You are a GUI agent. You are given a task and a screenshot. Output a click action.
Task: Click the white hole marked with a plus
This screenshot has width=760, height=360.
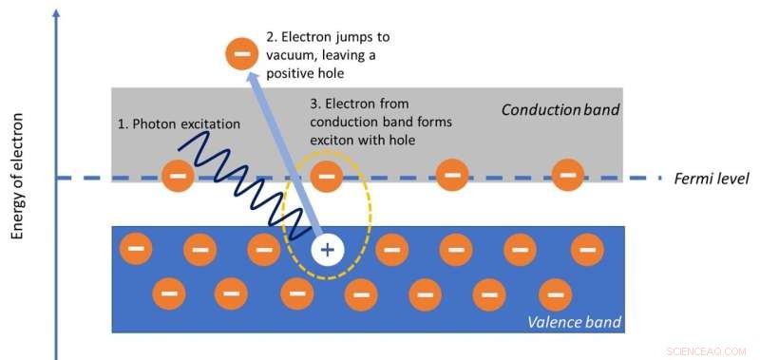327,251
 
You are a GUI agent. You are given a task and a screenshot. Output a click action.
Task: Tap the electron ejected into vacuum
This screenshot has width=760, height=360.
240,52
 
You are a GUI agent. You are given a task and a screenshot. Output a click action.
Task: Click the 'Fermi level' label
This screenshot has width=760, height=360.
712,179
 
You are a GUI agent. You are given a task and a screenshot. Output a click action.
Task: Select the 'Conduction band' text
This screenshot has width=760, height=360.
560,110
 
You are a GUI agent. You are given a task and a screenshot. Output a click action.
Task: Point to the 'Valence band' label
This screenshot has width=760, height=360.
574,323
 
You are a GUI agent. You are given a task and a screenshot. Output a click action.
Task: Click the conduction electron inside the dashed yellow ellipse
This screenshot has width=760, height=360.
327,175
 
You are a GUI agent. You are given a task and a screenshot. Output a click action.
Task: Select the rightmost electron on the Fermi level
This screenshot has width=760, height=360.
568,175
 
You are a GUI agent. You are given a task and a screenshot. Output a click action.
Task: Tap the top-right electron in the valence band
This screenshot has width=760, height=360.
587,251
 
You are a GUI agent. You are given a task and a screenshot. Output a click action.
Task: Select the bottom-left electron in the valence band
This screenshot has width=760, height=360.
168,293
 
